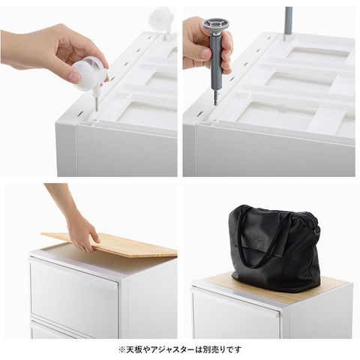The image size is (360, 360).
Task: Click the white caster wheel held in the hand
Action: (x=88, y=73)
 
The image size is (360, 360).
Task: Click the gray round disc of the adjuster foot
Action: (x=217, y=25)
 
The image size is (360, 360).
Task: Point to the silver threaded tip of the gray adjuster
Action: (x=216, y=98)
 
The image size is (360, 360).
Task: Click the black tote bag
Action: (x=274, y=248)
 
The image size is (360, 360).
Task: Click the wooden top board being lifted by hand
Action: (x=110, y=244)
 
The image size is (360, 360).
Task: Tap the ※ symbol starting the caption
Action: (x=121, y=349)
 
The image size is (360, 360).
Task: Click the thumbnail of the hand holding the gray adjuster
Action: (x=268, y=91)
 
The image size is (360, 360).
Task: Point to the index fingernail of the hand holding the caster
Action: (x=75, y=77)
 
